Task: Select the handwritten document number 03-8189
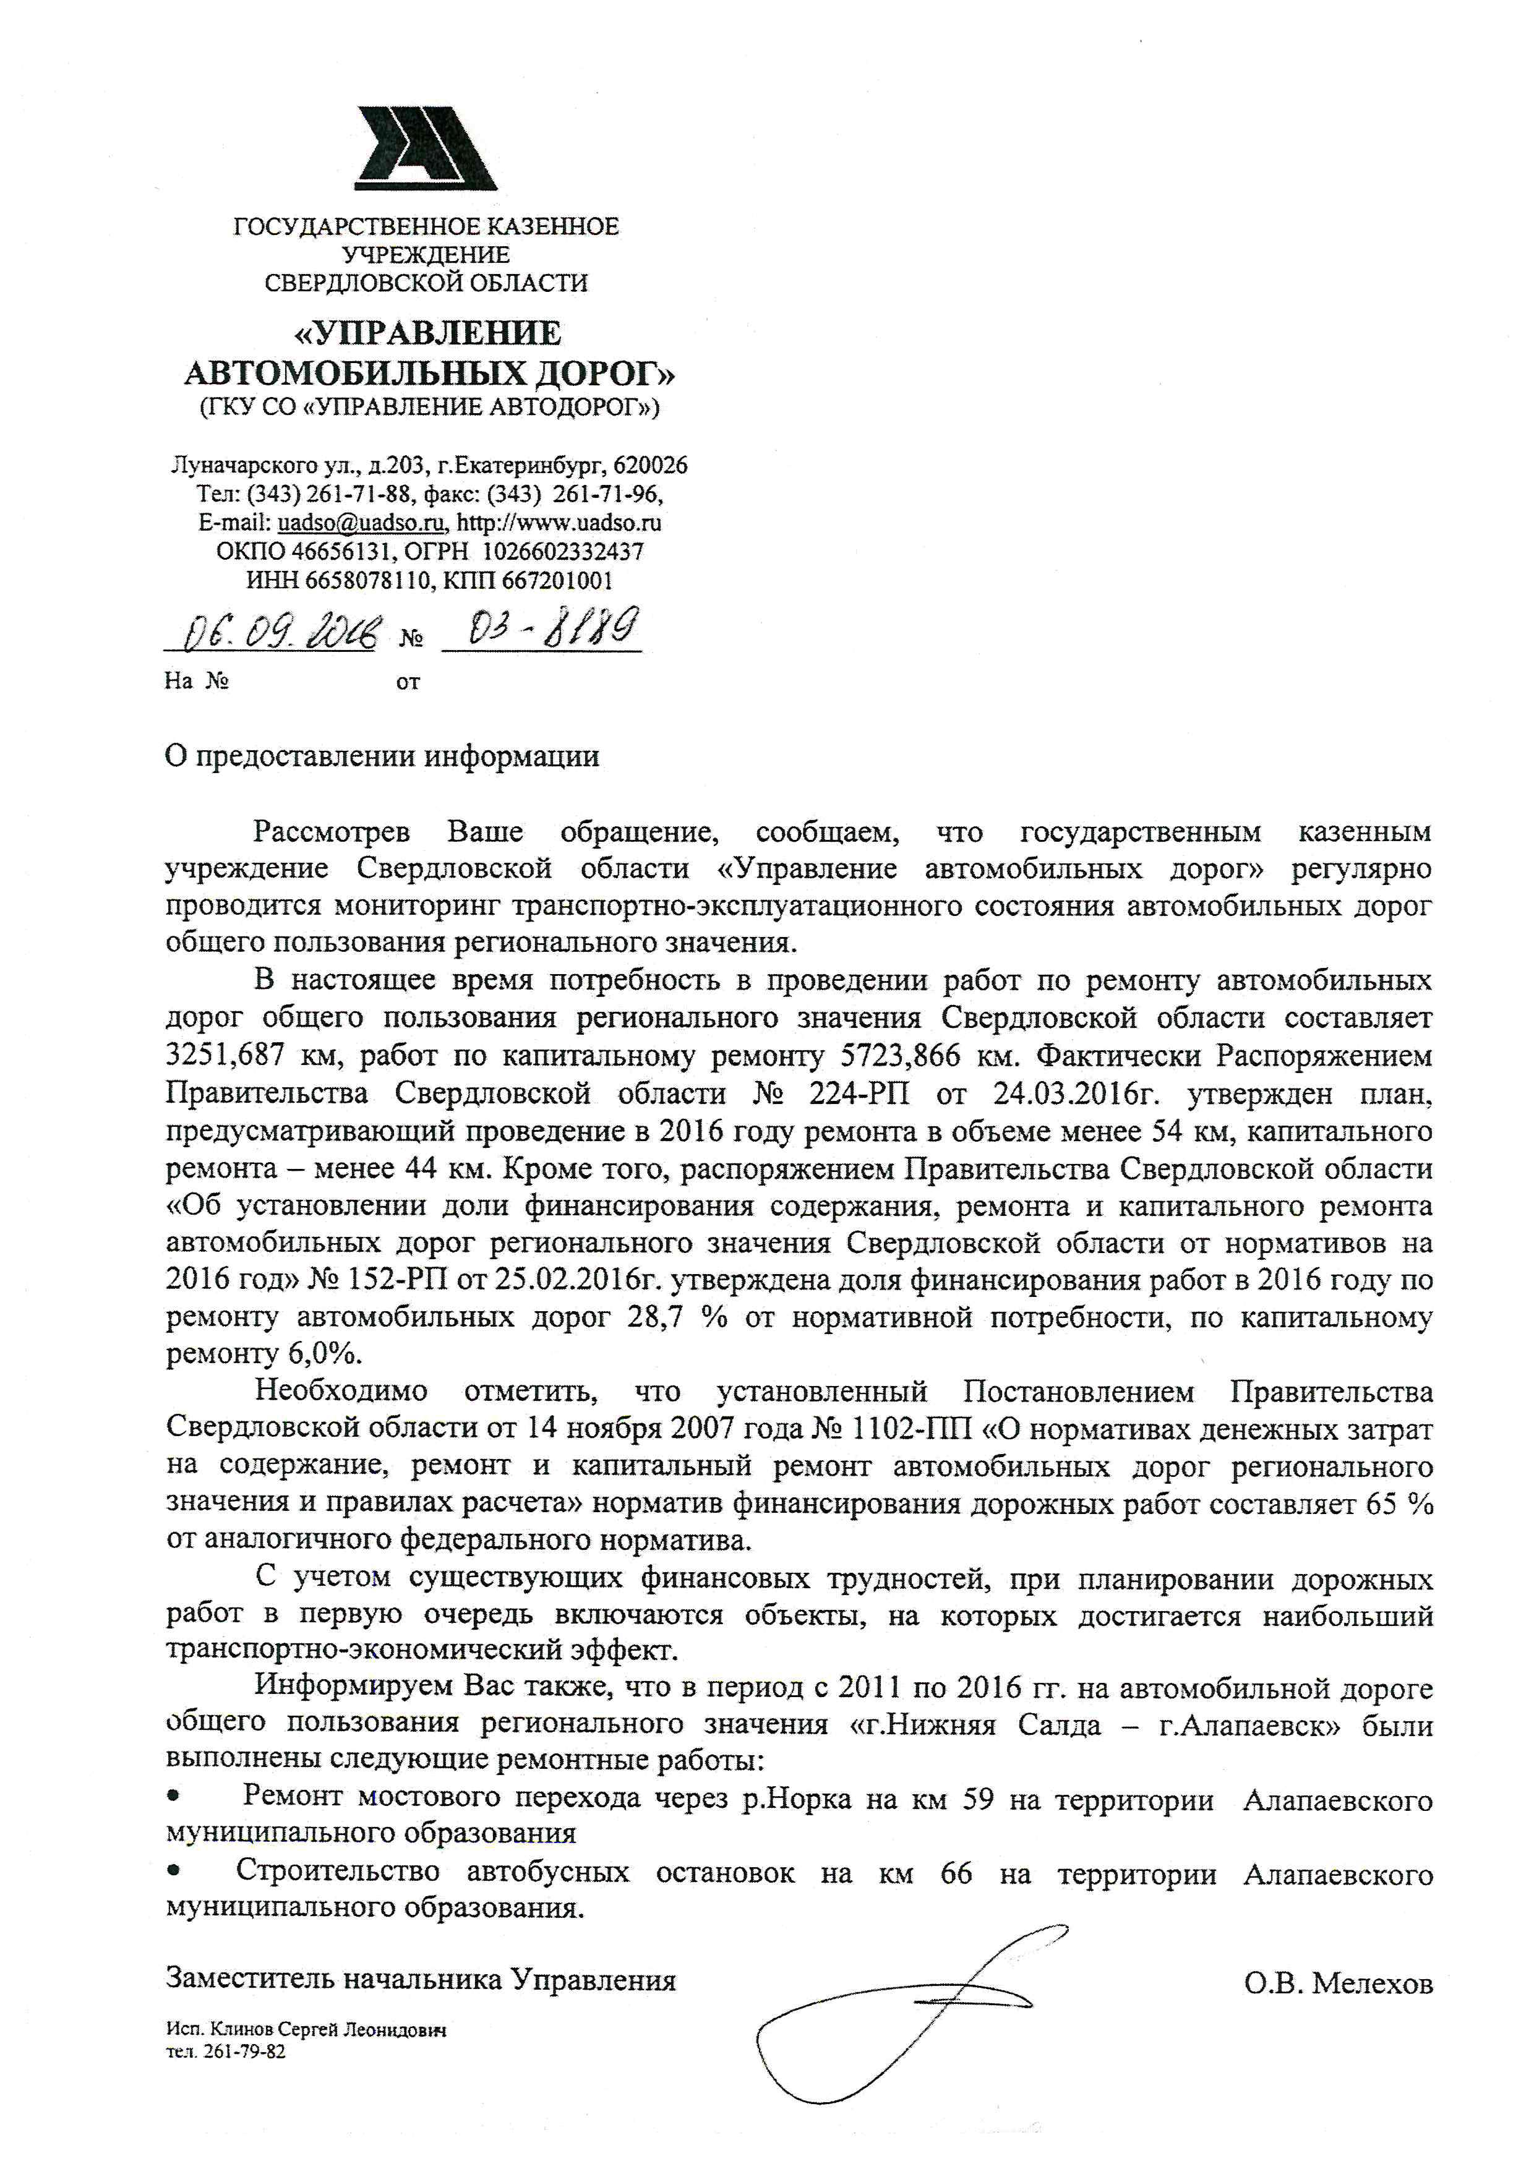(x=542, y=625)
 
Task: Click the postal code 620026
(x=651, y=466)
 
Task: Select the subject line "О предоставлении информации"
(x=382, y=756)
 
